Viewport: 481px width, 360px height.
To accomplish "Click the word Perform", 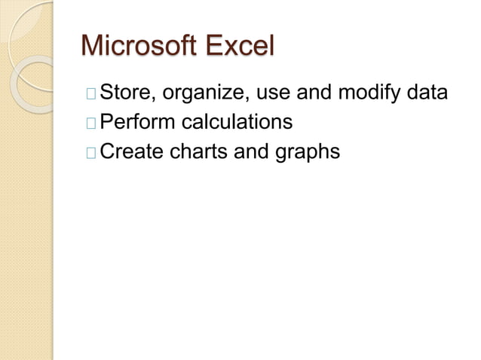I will [138, 122].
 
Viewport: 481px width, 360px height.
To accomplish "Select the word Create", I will [133, 151].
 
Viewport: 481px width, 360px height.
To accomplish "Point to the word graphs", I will [308, 153].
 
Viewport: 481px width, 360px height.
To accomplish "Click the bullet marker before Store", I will [91, 94].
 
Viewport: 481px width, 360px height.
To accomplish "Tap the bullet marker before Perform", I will [91, 124].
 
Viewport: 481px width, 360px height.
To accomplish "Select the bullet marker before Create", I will [91, 153].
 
